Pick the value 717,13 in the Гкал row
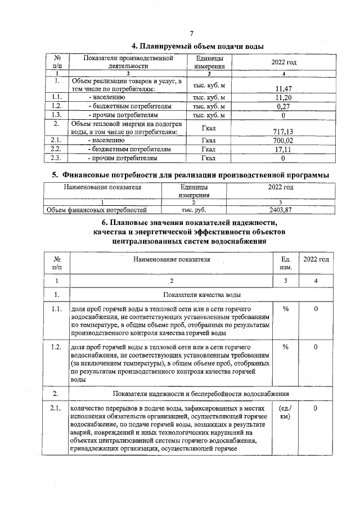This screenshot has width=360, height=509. coord(283,132)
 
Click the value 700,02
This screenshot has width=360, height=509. coord(283,141)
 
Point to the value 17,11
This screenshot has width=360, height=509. coord(283,150)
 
